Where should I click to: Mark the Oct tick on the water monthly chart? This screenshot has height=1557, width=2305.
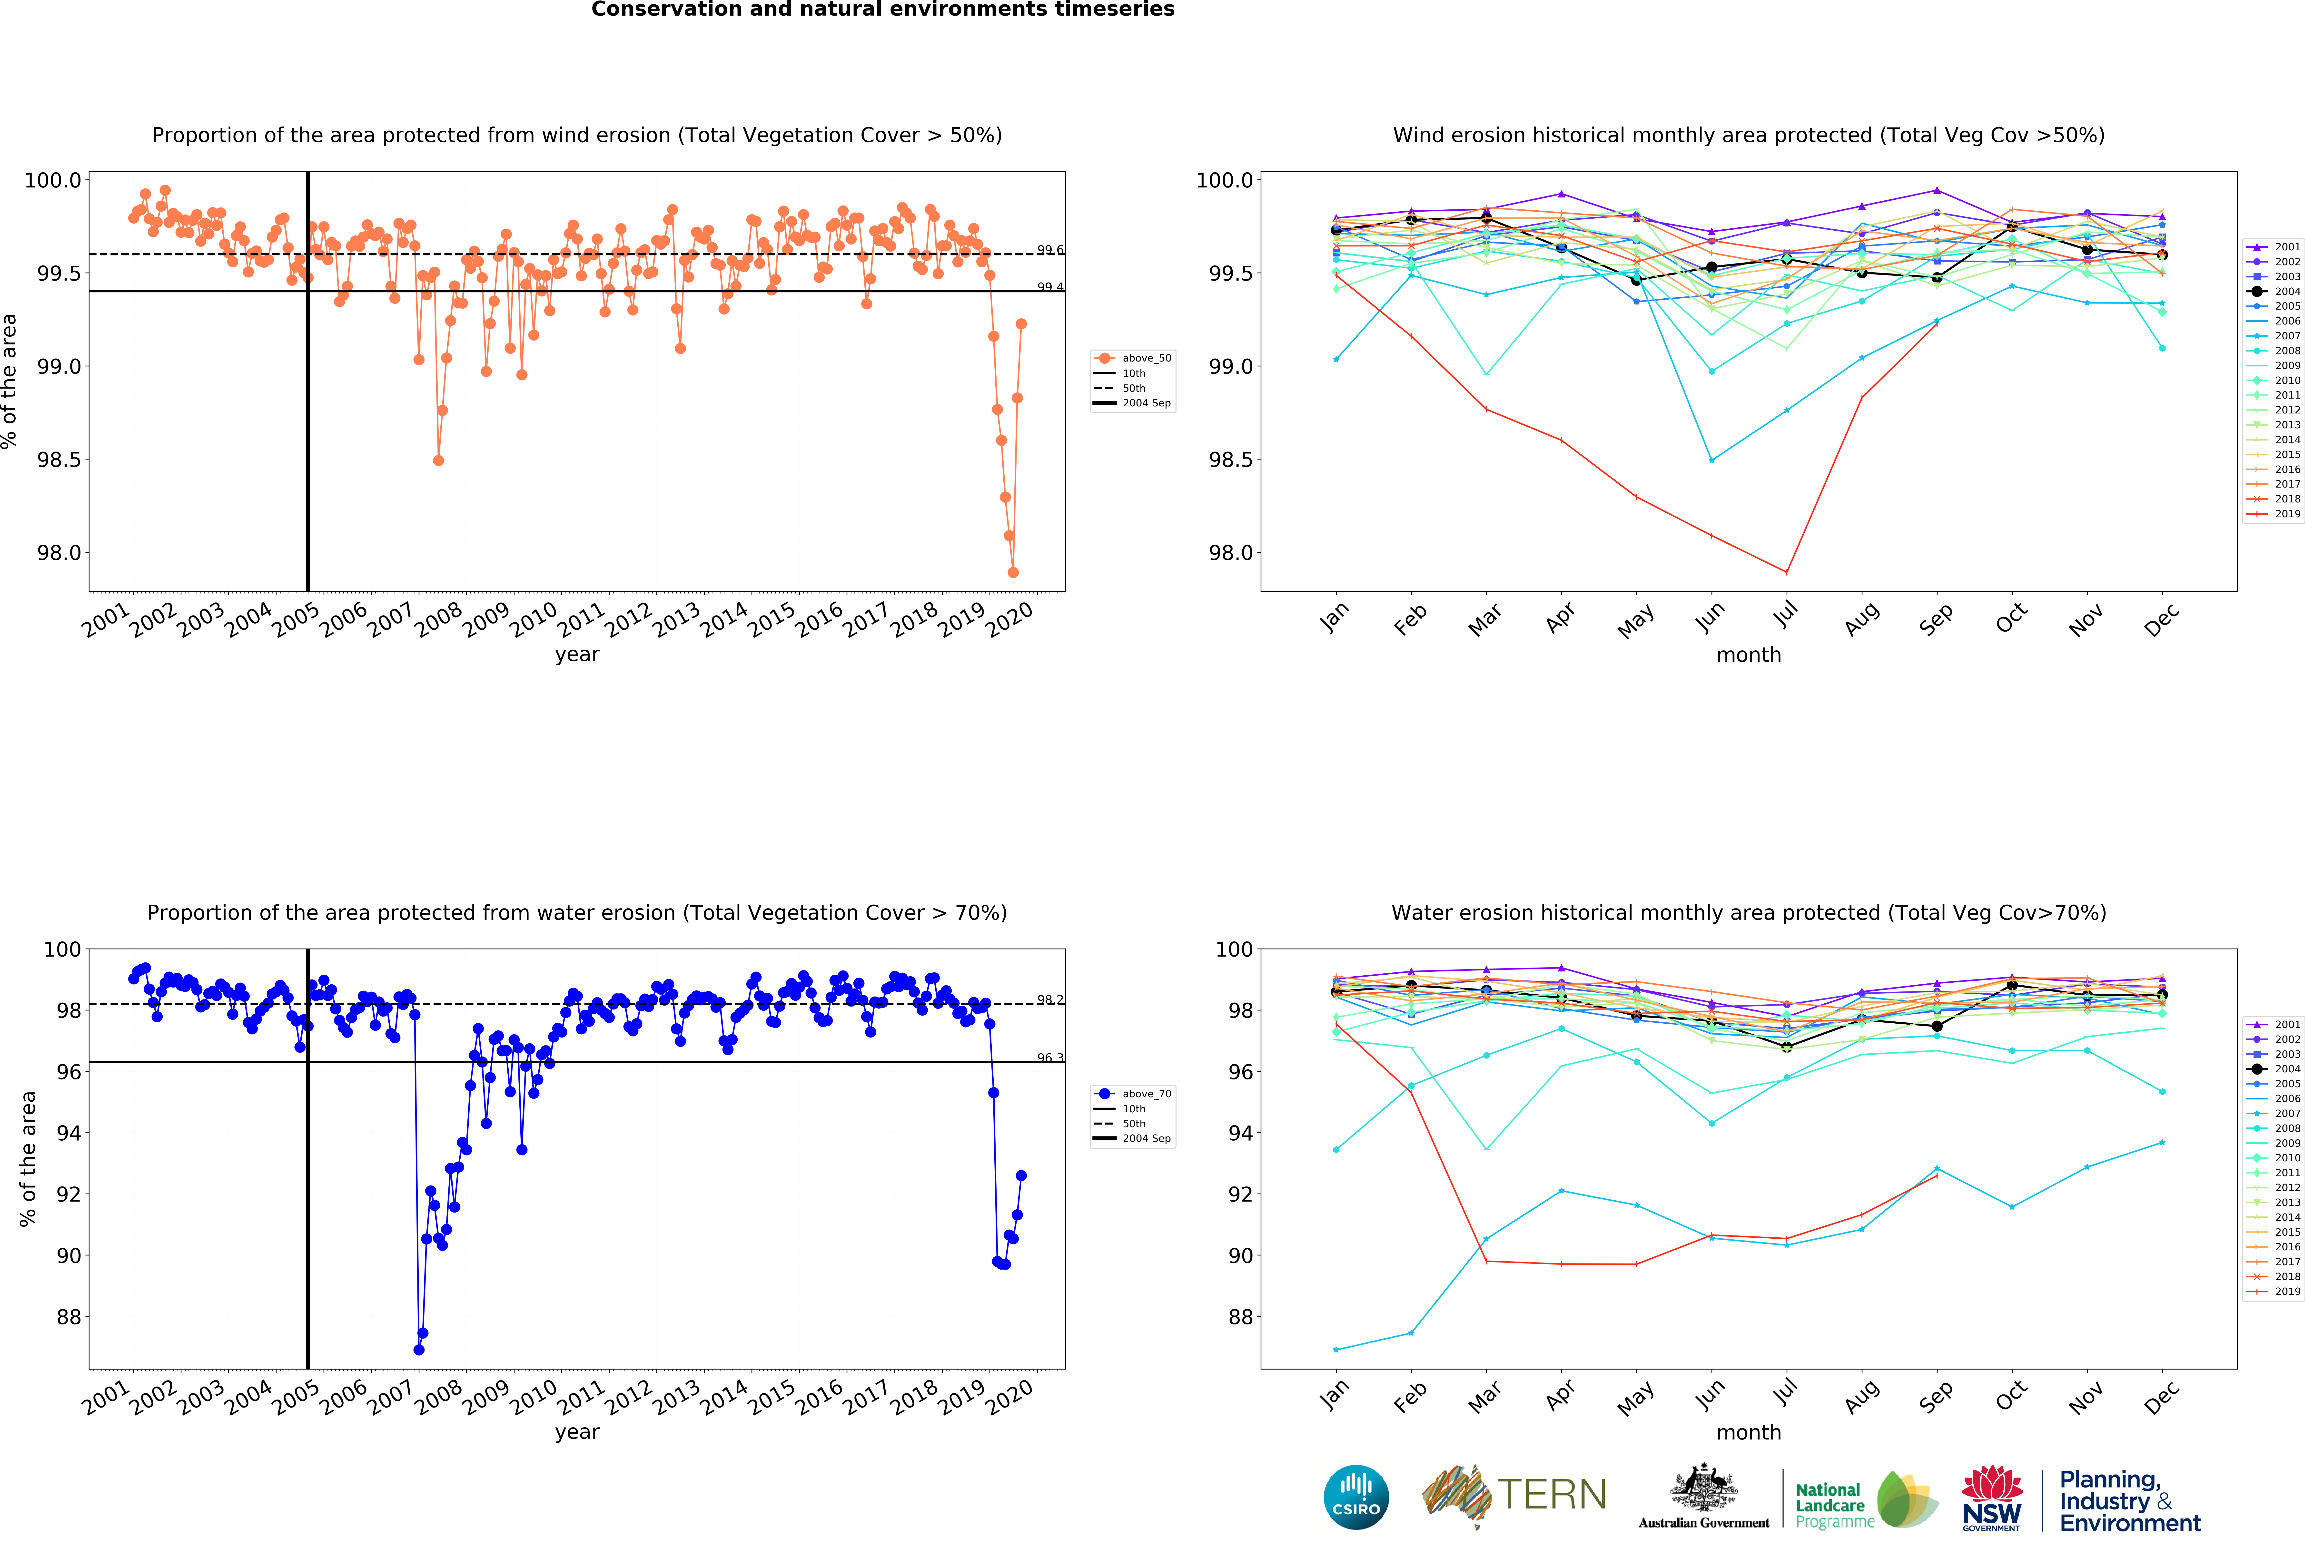(x=2011, y=1395)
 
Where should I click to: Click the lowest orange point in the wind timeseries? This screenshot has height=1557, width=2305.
(x=1013, y=572)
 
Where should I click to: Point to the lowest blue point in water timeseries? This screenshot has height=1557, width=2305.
(x=419, y=1350)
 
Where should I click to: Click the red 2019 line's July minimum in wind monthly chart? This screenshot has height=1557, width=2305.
(x=1786, y=572)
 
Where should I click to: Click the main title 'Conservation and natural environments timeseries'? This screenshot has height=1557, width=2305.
(x=883, y=10)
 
